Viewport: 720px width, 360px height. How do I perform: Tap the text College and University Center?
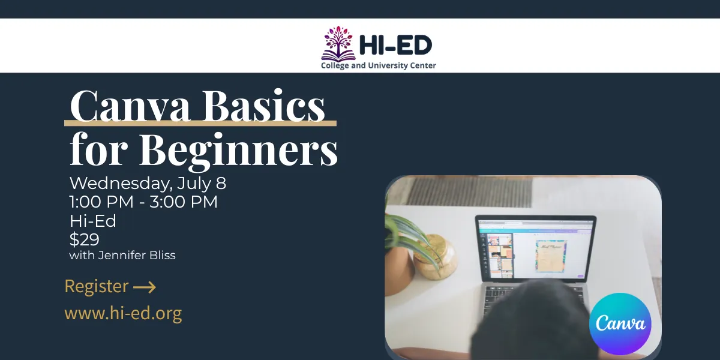(379, 65)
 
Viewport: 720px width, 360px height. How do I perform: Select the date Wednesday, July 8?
(148, 183)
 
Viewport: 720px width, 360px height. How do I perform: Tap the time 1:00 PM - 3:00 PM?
(143, 202)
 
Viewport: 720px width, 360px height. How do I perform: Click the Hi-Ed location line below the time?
(93, 221)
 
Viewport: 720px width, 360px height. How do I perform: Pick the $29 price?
(84, 239)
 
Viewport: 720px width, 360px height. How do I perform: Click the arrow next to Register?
(145, 287)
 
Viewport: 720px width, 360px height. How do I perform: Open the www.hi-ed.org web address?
(123, 313)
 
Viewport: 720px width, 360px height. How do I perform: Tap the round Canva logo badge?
(620, 324)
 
